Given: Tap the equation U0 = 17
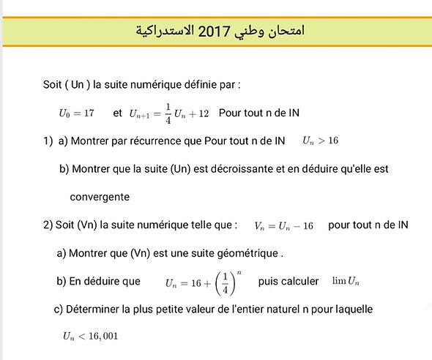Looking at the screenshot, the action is [x=77, y=113].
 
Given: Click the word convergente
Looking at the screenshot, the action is [x=100, y=196].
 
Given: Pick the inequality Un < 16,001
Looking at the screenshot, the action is [x=90, y=336].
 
